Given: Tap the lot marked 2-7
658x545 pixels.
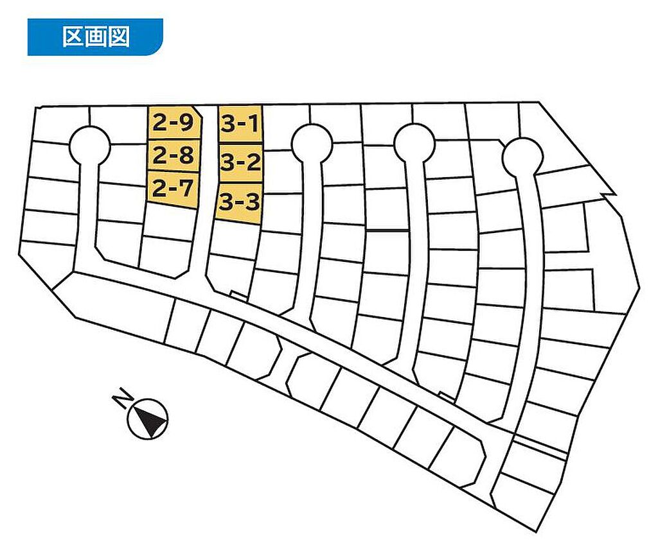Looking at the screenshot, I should tap(172, 189).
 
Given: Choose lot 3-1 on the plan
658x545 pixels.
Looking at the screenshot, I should tap(240, 123).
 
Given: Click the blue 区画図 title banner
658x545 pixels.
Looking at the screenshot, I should tap(95, 37).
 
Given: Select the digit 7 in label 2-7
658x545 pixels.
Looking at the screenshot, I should tap(186, 189).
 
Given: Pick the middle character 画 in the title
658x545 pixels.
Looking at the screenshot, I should tap(95, 37).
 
